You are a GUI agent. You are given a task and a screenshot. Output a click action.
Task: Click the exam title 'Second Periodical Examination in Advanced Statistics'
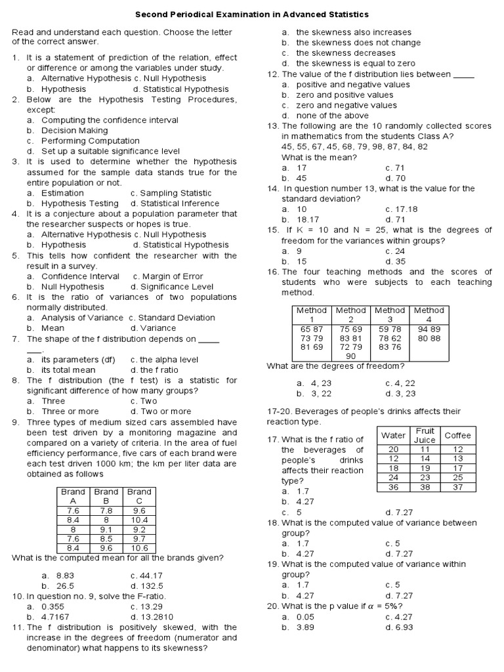pyautogui.click(x=252, y=14)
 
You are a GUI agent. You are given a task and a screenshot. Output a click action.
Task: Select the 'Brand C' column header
pyautogui.click(x=139, y=496)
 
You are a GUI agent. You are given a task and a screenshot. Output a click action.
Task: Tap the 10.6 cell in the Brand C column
pyautogui.click(x=139, y=548)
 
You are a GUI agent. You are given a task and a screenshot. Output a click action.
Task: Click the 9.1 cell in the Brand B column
pyautogui.click(x=106, y=528)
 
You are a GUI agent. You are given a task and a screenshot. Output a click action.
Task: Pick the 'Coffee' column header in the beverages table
pyautogui.click(x=457, y=435)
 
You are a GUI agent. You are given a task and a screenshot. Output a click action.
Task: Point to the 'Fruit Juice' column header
pyautogui.click(x=425, y=435)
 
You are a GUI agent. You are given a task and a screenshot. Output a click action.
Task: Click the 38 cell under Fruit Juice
pyautogui.click(x=425, y=487)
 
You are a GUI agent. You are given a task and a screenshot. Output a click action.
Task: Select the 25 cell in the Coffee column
pyautogui.click(x=457, y=477)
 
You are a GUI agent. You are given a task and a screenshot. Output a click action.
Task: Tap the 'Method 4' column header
pyautogui.click(x=429, y=314)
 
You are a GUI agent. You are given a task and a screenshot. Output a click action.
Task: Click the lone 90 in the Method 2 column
pyautogui.click(x=350, y=356)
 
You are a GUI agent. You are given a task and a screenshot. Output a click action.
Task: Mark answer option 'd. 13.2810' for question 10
pyautogui.click(x=152, y=617)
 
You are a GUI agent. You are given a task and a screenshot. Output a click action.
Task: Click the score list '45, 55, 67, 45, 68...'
pyautogui.click(x=354, y=146)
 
